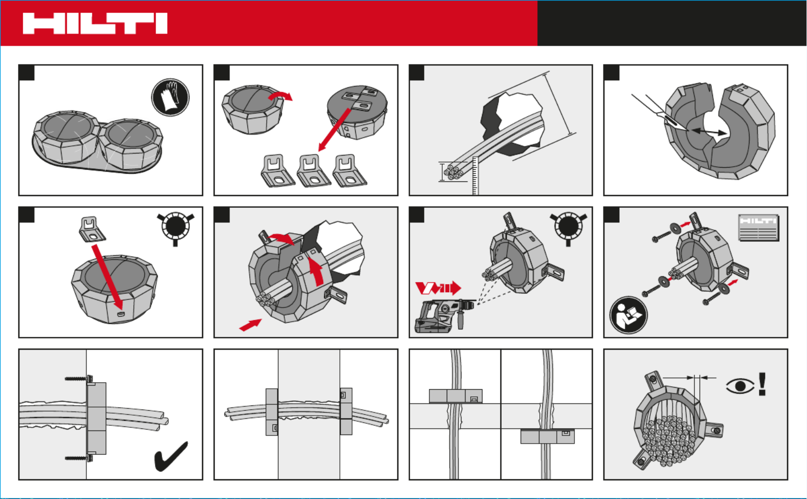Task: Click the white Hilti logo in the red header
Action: coord(95,24)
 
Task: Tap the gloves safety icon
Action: coord(170,97)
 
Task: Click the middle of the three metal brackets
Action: coord(313,171)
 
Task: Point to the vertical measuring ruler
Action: coord(475,176)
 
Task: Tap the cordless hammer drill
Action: coord(445,315)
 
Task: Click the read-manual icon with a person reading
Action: coord(628,315)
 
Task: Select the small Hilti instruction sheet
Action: coord(758,227)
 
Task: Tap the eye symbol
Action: coord(740,386)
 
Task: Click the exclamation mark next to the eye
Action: coord(762,384)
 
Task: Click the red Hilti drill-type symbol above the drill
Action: coord(438,288)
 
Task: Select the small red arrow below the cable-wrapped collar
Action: coord(251,325)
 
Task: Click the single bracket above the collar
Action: coord(92,229)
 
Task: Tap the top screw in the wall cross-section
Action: coord(79,379)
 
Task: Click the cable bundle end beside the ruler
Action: coord(453,172)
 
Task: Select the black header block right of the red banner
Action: coord(672,23)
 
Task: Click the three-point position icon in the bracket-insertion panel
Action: coord(176,227)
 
